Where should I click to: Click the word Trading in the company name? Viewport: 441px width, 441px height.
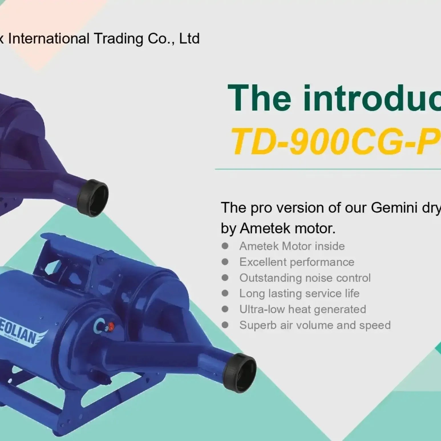coord(118,39)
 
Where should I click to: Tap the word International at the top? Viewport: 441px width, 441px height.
coord(48,39)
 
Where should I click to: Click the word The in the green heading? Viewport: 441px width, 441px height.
coord(259,98)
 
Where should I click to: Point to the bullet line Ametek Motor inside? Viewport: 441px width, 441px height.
coord(292,246)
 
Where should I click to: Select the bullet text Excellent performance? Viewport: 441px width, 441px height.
coord(297,262)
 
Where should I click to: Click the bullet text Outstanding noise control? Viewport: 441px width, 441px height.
coord(305,278)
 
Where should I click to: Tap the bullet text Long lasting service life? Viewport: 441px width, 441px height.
coord(299,294)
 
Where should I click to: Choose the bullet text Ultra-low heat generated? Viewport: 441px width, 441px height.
coord(302,309)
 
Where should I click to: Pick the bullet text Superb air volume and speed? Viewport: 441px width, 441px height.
coord(315,325)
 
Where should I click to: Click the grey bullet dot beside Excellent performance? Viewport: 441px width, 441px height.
coord(225,262)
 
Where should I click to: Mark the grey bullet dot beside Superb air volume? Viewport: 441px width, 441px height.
coord(225,325)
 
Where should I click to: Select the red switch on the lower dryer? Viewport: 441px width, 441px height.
coord(111,326)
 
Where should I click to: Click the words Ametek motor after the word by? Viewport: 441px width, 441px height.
coord(287,228)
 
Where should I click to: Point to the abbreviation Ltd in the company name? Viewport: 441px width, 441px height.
coord(189,39)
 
